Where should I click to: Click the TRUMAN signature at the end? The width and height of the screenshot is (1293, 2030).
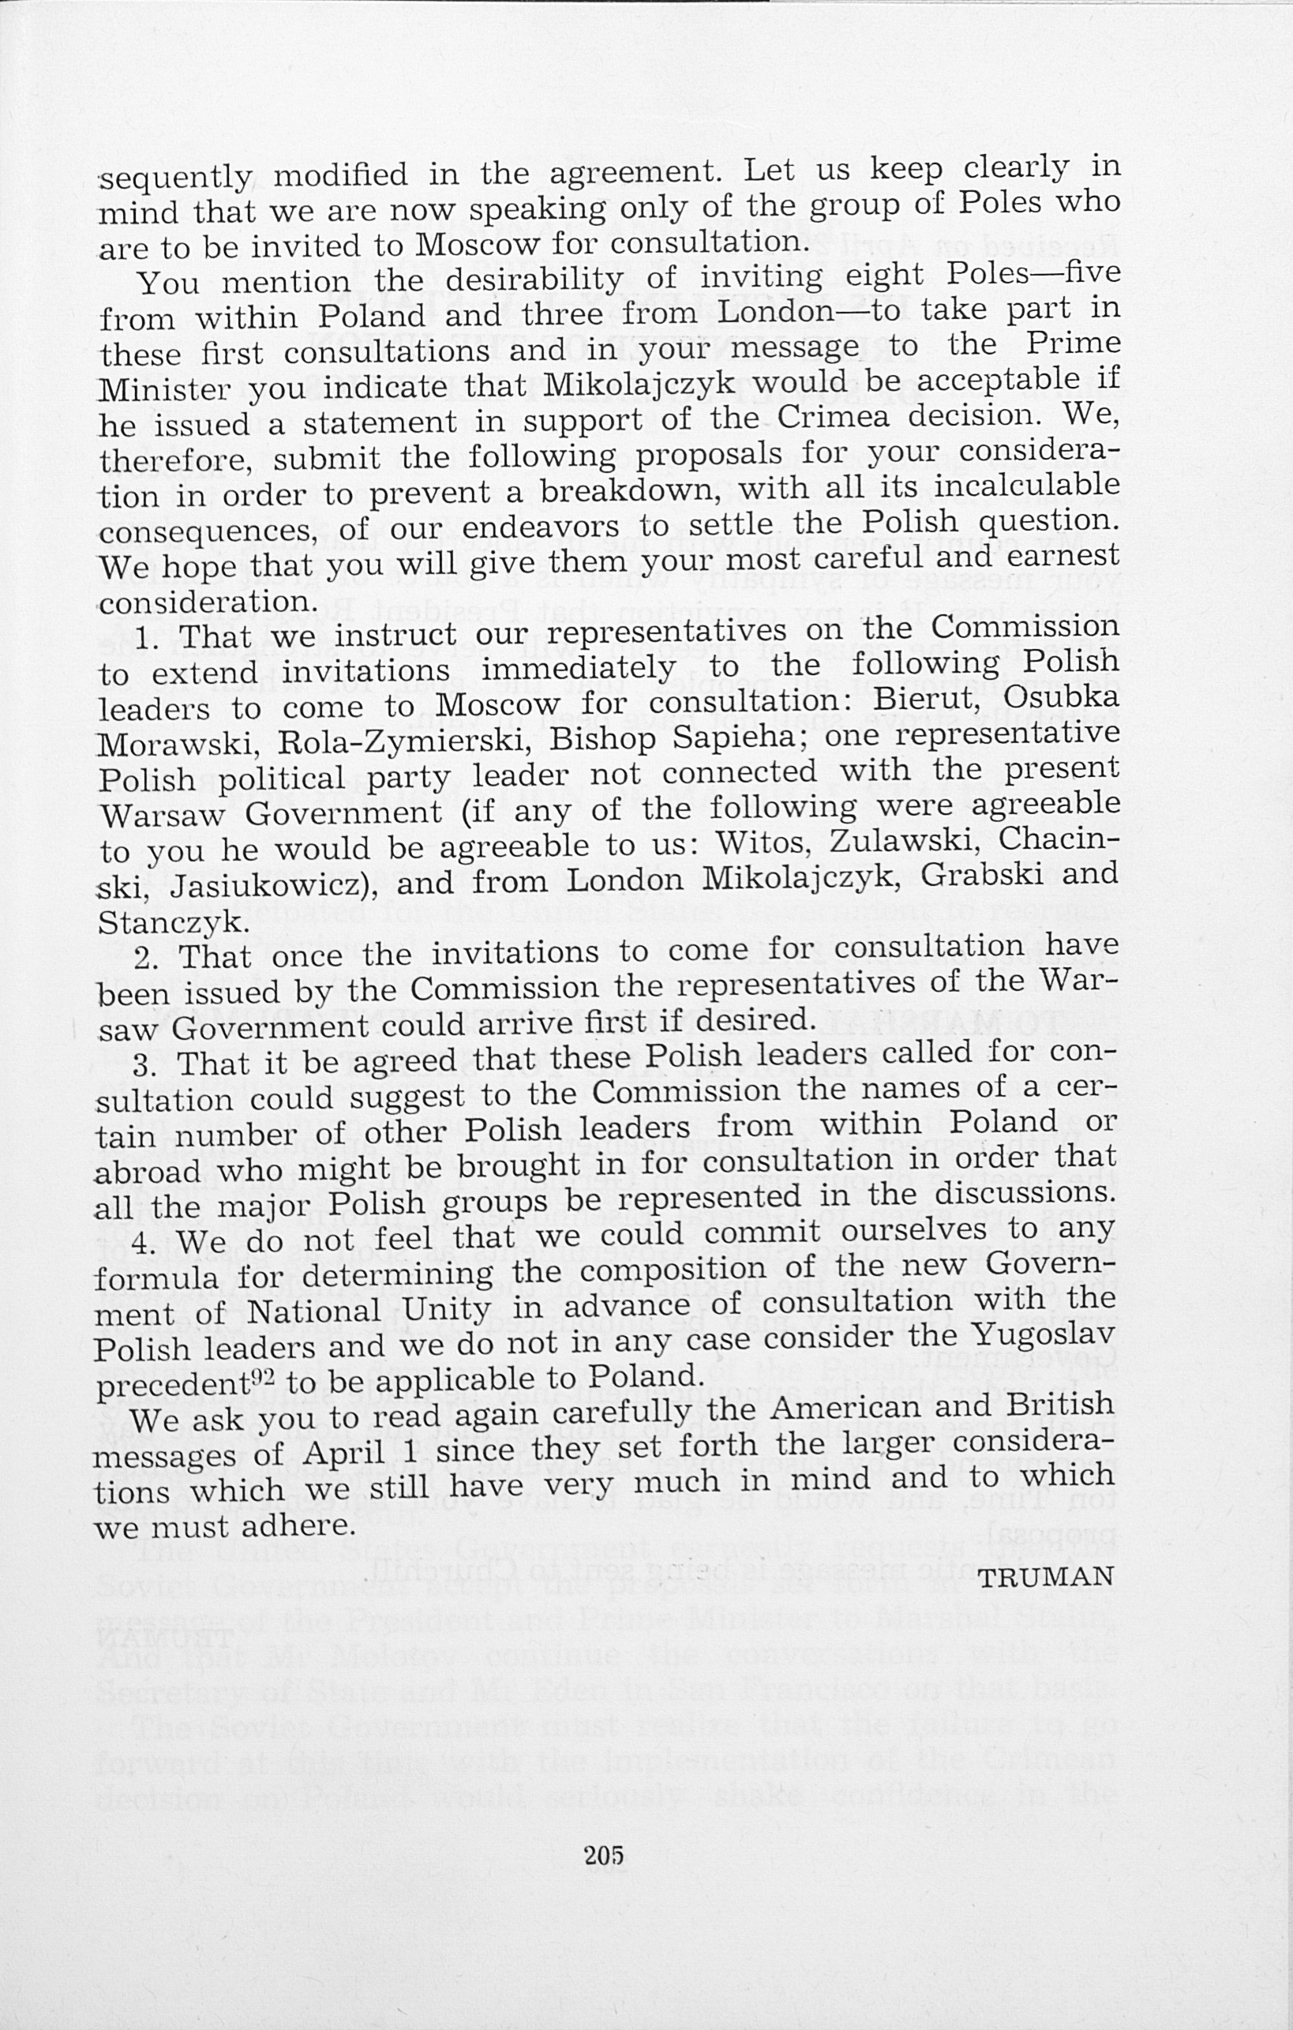[1046, 1576]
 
